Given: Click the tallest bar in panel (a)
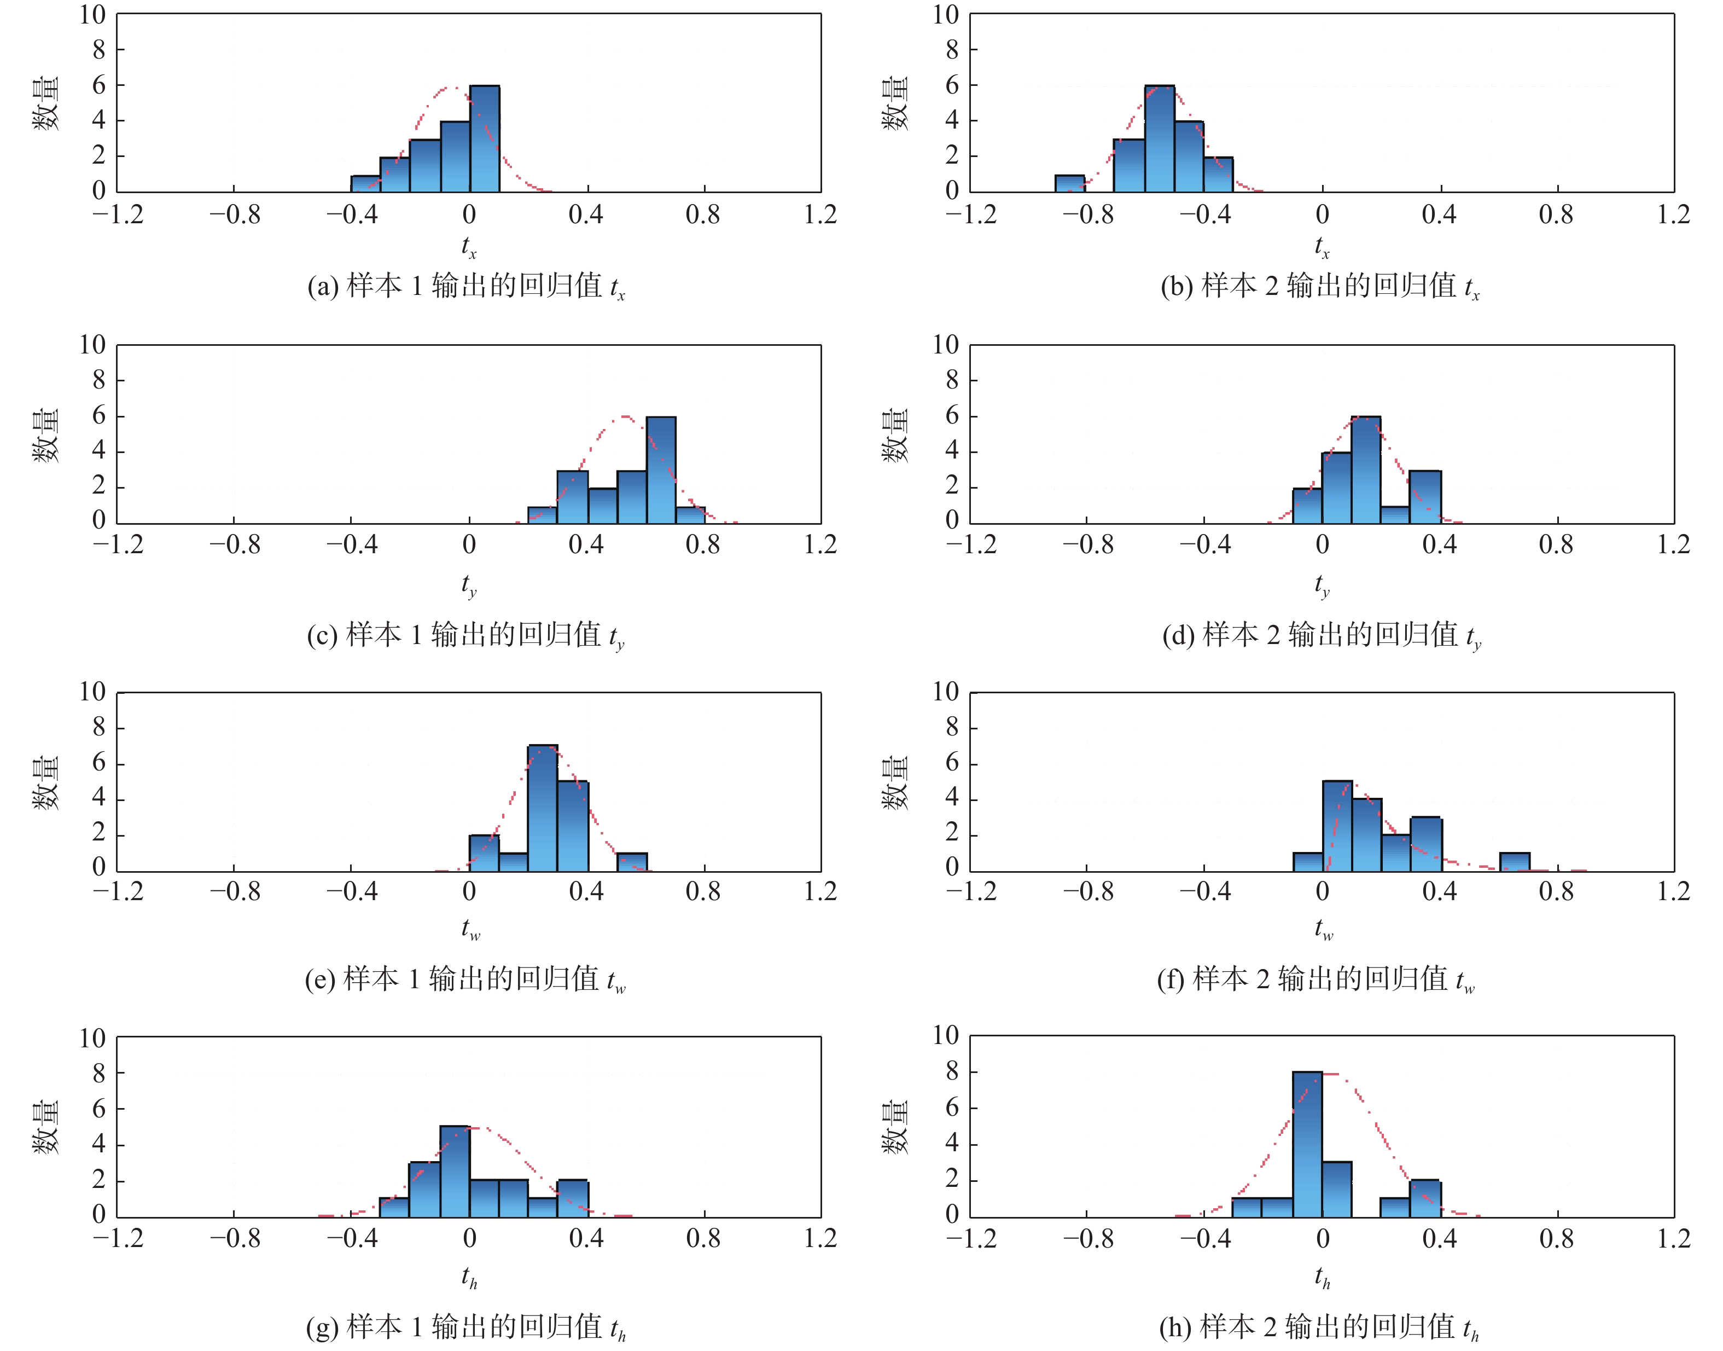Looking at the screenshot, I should click(484, 138).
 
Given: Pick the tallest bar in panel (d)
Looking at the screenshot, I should click(1366, 470).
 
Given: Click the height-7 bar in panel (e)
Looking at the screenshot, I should click(543, 808).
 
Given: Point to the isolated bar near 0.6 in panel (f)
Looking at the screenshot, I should click(1514, 862).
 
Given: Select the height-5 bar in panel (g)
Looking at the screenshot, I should click(455, 1172).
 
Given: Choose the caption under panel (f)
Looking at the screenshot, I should click(1316, 980).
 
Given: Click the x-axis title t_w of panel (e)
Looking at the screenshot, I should click(470, 928).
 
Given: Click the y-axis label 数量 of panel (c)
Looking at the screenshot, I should click(46, 435).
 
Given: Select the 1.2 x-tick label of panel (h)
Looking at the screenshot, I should click(1673, 1238).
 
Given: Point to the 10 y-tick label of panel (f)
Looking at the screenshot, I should click(945, 692).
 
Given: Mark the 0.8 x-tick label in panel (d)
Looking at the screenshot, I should click(1556, 545).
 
